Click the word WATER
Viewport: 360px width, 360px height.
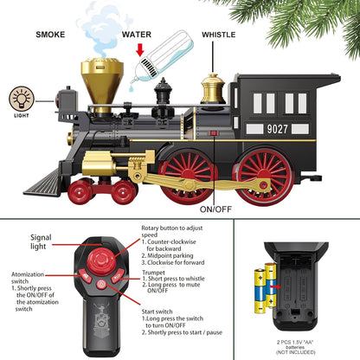tap(136, 35)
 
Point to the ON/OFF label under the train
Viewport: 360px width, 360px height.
tap(216, 209)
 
